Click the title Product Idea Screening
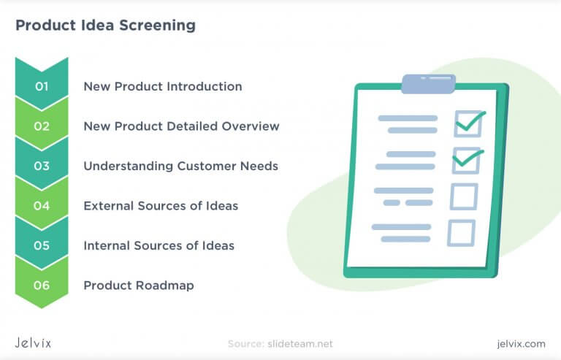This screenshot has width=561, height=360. [105, 26]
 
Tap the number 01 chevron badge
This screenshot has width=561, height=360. [42, 86]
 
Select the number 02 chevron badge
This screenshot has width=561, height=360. [42, 126]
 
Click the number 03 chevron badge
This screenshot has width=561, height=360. [42, 166]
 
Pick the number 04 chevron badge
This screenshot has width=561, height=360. [42, 206]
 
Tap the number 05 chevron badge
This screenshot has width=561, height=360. [42, 245]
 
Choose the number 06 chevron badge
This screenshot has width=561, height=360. [42, 285]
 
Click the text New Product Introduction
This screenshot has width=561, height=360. [162, 86]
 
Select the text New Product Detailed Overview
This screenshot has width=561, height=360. [181, 126]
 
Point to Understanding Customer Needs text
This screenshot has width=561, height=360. [180, 166]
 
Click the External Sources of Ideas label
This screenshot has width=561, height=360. [161, 206]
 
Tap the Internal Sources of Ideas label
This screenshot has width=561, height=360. [159, 245]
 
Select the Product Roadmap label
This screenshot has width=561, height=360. [139, 285]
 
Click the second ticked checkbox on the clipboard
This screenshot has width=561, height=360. [466, 160]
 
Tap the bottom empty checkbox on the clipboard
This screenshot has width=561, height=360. [461, 233]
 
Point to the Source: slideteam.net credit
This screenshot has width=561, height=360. [280, 343]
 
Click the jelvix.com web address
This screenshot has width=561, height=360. [519, 343]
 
